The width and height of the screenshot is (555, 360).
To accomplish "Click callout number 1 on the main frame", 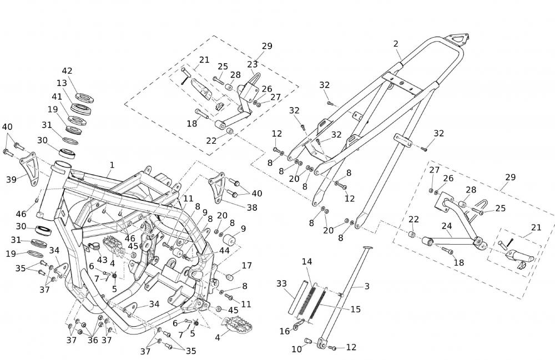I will [x=112, y=165].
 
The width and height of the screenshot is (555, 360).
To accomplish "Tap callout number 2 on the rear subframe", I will [x=396, y=44].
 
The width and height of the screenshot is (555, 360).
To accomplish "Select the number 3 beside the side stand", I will [x=367, y=286].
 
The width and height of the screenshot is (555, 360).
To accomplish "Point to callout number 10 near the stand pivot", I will [x=296, y=348].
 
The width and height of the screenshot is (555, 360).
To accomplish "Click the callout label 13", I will [x=61, y=83].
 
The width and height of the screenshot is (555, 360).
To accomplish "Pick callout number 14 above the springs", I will [x=307, y=261].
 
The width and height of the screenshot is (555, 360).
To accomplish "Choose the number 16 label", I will [x=284, y=331].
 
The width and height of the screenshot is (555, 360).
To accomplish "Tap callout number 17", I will [x=246, y=266].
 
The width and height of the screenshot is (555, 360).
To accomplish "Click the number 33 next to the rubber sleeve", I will [x=281, y=283].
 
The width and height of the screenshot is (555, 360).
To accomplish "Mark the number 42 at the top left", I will [x=67, y=71].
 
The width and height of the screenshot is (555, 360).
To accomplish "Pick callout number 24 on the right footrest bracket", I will [x=447, y=226].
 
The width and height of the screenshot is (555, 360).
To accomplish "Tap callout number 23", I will [x=253, y=64].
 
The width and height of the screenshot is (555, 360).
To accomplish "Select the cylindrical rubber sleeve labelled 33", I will [x=297, y=305].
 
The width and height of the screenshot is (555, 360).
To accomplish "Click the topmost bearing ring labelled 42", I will [x=84, y=98].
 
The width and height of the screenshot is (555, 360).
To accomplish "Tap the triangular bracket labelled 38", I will [x=217, y=185].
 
